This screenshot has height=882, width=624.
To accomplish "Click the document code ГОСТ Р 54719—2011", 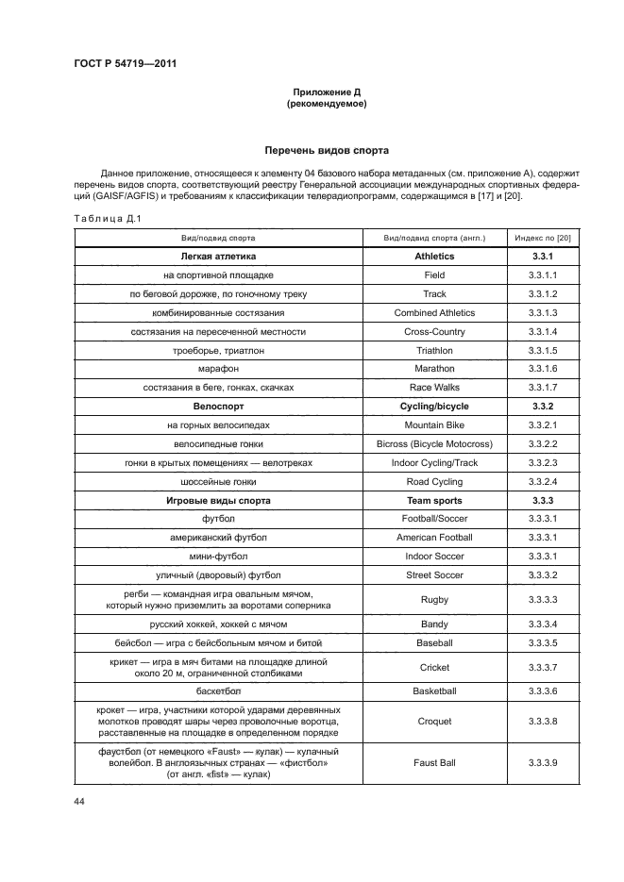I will (126, 64).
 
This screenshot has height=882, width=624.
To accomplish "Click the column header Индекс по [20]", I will (543, 239).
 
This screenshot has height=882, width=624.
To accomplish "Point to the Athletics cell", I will (434, 257).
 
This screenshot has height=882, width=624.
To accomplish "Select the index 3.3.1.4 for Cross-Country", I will (543, 331).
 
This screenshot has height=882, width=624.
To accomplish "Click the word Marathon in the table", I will (434, 369).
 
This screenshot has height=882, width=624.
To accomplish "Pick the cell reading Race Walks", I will (434, 388).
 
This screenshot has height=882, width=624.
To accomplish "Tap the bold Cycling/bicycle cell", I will (434, 407).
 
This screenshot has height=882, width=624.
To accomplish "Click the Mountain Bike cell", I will (434, 425).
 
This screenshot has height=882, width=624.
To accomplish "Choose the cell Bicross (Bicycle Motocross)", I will (434, 444).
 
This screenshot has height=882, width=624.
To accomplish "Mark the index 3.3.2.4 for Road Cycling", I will (543, 481).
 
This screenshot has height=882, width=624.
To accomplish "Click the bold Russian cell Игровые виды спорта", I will (218, 500).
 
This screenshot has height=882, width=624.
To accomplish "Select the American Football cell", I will (434, 538).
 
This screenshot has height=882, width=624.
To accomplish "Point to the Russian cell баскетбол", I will (218, 691).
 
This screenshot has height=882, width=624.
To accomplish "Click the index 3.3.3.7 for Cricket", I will (543, 668).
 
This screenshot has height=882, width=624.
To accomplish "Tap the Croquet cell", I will (434, 722).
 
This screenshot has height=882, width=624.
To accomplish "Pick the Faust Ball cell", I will (434, 762).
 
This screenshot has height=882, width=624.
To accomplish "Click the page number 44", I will (79, 801).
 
